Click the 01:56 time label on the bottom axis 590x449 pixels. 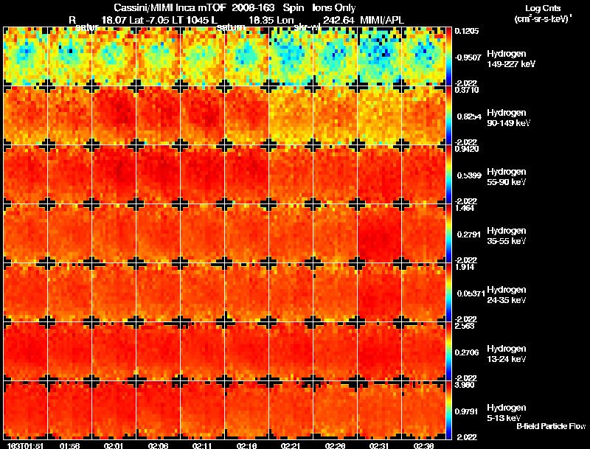(x=69, y=445)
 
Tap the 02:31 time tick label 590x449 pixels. (x=380, y=445)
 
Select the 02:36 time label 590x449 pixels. (x=424, y=445)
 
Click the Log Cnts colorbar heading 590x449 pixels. (x=543, y=8)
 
